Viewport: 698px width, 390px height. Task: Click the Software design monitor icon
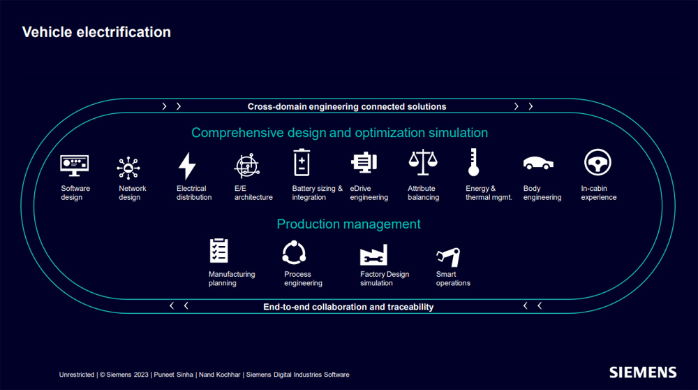tap(75, 166)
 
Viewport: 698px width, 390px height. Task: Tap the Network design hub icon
tap(128, 168)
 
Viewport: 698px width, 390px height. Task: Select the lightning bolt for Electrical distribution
tap(187, 166)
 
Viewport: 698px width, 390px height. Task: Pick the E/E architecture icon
tap(246, 166)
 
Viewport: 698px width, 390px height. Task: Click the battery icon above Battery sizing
tap(302, 162)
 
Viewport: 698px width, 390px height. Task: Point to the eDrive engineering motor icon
tap(364, 162)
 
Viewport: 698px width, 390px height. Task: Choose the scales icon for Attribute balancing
tap(423, 162)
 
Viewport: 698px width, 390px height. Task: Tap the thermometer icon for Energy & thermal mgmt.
tap(474, 162)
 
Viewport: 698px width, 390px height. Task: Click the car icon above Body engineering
tap(538, 163)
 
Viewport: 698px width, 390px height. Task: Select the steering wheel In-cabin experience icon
tap(597, 162)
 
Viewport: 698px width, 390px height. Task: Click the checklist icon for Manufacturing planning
tap(218, 250)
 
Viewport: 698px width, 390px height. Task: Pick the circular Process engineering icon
tap(294, 253)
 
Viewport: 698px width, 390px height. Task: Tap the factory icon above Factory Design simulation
tap(373, 254)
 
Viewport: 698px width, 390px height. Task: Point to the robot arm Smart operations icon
tap(448, 257)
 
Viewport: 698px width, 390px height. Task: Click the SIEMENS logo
tap(643, 373)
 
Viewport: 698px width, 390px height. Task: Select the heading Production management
tap(348, 224)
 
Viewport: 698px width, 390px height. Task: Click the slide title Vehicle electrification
tap(96, 32)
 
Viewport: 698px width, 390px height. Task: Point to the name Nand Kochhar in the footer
tap(219, 375)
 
